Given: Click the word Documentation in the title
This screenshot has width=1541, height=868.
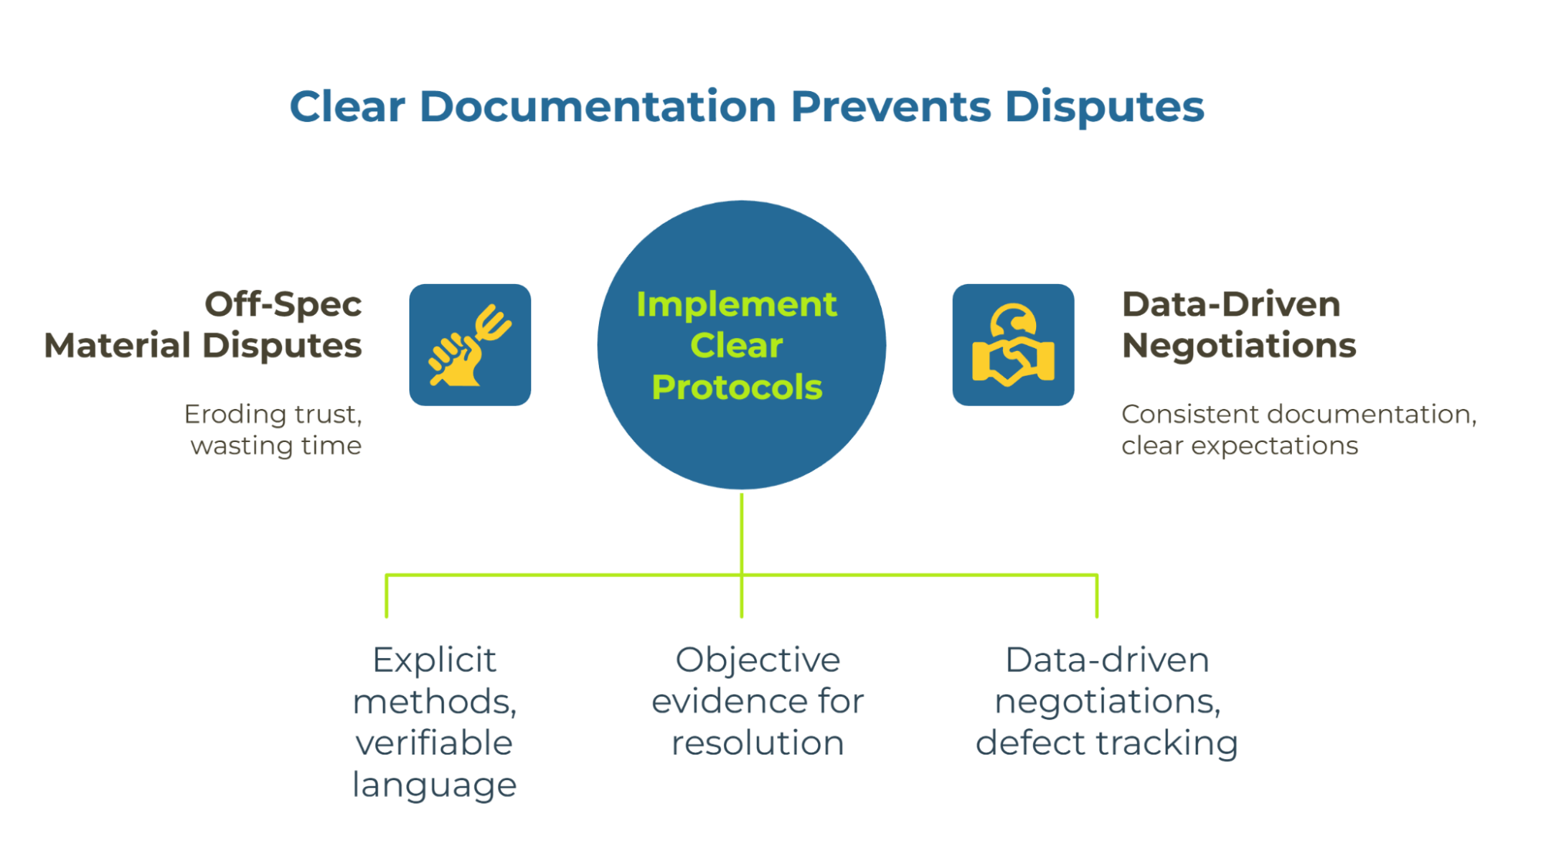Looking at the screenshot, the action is (597, 106).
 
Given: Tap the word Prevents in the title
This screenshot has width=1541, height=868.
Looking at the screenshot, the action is (891, 106).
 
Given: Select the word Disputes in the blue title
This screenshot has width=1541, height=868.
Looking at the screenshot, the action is (1105, 107).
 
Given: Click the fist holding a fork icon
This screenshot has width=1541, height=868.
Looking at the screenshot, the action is (469, 345).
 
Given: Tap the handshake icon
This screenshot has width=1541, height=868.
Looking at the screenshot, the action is (1013, 345).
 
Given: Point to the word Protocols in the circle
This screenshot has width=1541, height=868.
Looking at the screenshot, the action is (737, 387).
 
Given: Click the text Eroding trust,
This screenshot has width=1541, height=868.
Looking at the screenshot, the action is (273, 414).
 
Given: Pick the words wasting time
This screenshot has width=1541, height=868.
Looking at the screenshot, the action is (276, 446).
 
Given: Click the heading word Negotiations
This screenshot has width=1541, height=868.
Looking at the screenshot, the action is (1239, 346).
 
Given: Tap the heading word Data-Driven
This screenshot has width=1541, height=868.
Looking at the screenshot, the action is (1231, 304).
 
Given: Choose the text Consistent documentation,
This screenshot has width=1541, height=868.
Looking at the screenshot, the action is (1299, 414).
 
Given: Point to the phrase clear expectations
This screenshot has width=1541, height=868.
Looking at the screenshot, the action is (1240, 446).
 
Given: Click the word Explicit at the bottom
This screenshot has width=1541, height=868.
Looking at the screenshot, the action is (434, 661).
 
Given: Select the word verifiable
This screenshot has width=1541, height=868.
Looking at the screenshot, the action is (434, 743).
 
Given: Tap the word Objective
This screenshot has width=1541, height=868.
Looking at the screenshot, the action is (758, 661).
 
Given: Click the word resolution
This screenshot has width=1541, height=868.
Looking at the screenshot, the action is (758, 743).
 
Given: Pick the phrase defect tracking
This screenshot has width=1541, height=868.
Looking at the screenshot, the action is (1106, 744).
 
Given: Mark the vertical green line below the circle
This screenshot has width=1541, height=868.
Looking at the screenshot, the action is (742, 556).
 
